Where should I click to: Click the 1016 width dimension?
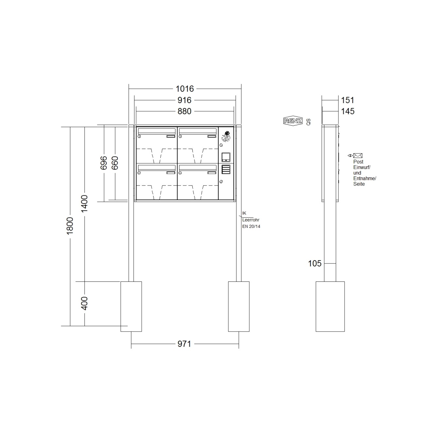[185, 89]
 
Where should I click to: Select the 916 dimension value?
[185, 100]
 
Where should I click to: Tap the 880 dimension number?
[185, 111]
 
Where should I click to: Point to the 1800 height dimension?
[70, 226]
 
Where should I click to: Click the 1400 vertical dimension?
[84, 204]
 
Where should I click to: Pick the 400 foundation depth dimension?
[84, 303]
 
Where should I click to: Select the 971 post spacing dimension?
[184, 344]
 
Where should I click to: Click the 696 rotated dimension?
[104, 163]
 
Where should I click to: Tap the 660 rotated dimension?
[115, 163]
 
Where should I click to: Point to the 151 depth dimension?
[348, 100]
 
